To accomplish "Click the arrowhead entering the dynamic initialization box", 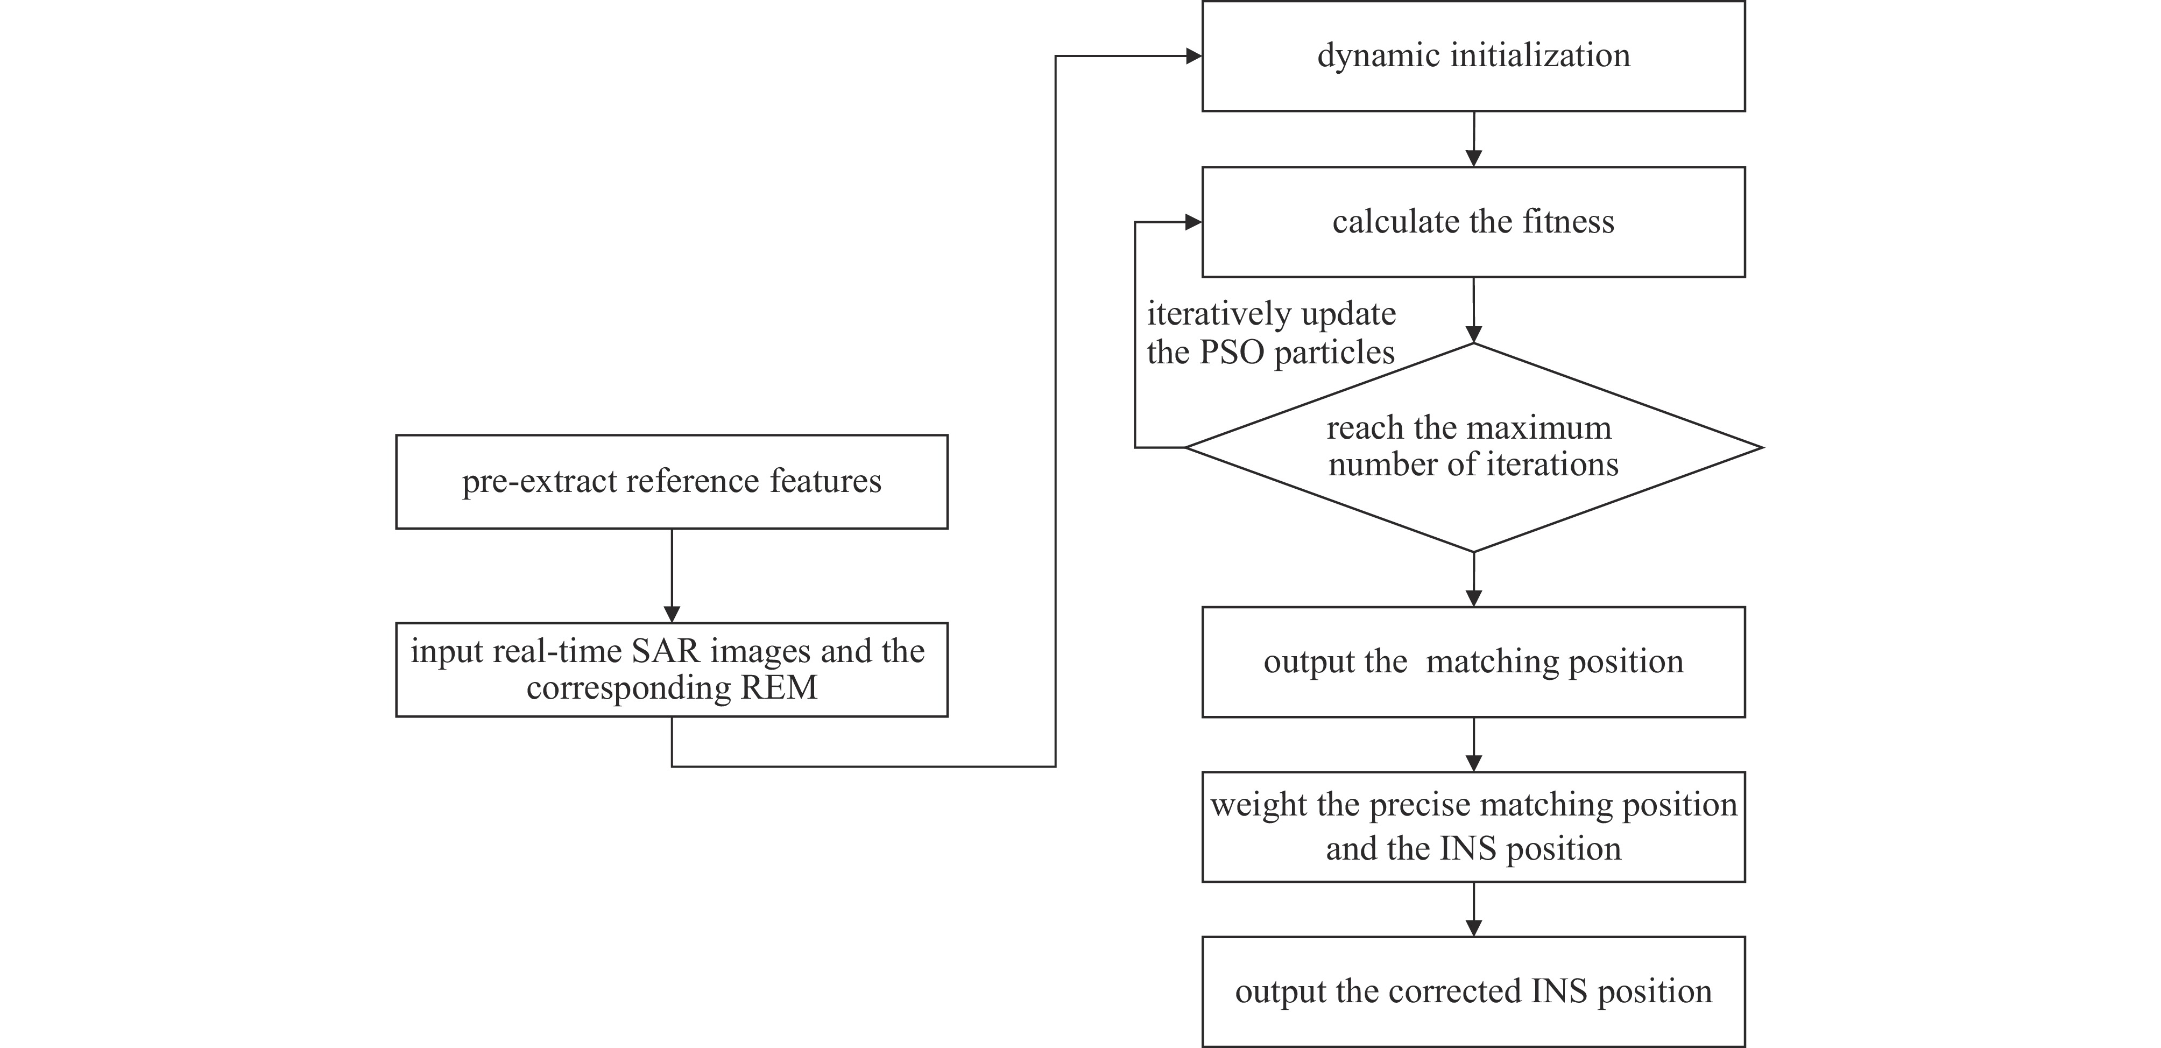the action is [1193, 56].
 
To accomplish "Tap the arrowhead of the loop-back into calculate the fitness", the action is [1193, 222].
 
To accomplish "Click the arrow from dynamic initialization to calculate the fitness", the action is [1473, 138].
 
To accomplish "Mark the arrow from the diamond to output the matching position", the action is [1473, 580].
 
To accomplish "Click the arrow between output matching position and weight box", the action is [1473, 744].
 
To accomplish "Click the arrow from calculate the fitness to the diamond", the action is [1473, 310].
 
